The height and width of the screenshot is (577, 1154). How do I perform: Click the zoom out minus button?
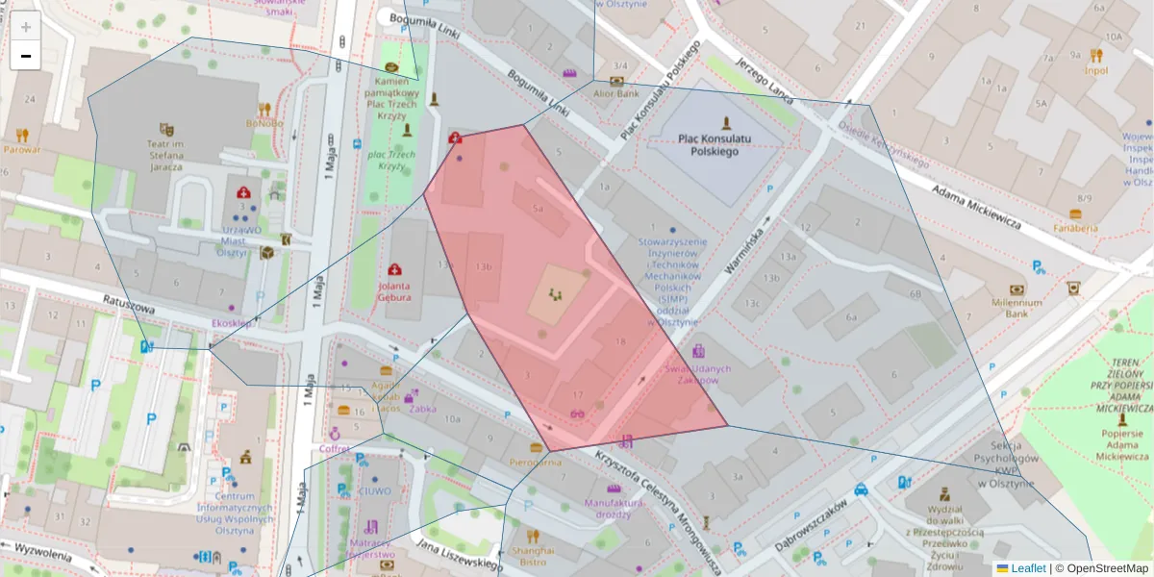click(x=26, y=56)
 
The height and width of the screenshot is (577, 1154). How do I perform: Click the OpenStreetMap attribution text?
click(x=1107, y=568)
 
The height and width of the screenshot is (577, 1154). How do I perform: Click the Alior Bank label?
click(x=615, y=94)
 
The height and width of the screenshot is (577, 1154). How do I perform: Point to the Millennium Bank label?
click(x=1016, y=308)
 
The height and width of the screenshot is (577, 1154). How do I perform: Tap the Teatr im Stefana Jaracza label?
click(x=165, y=153)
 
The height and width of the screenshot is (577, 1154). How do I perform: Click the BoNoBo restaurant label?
click(x=263, y=123)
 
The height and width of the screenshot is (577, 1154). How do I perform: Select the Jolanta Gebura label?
click(x=393, y=291)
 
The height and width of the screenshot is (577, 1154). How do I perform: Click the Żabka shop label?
click(x=422, y=408)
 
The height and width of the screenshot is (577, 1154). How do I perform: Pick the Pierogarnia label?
click(x=536, y=462)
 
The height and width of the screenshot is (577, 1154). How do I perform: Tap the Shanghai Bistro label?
click(x=533, y=555)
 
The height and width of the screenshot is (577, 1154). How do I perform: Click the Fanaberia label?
click(x=1075, y=228)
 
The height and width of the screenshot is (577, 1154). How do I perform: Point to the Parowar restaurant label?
click(x=22, y=149)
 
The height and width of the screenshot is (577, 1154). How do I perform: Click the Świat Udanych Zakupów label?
click(x=699, y=374)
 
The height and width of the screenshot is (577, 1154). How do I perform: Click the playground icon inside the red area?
click(x=554, y=293)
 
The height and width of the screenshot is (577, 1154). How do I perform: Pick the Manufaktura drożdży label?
click(x=614, y=508)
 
